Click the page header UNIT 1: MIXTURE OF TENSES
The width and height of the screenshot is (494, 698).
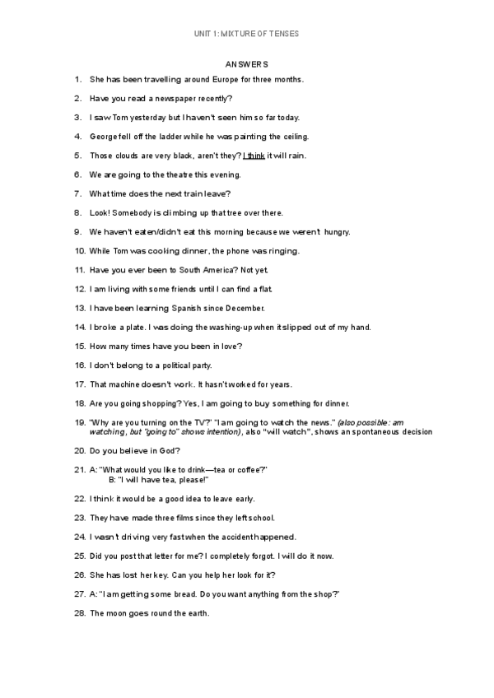click(246, 34)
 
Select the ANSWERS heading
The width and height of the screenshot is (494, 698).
click(246, 63)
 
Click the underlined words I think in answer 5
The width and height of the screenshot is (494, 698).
click(254, 156)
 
